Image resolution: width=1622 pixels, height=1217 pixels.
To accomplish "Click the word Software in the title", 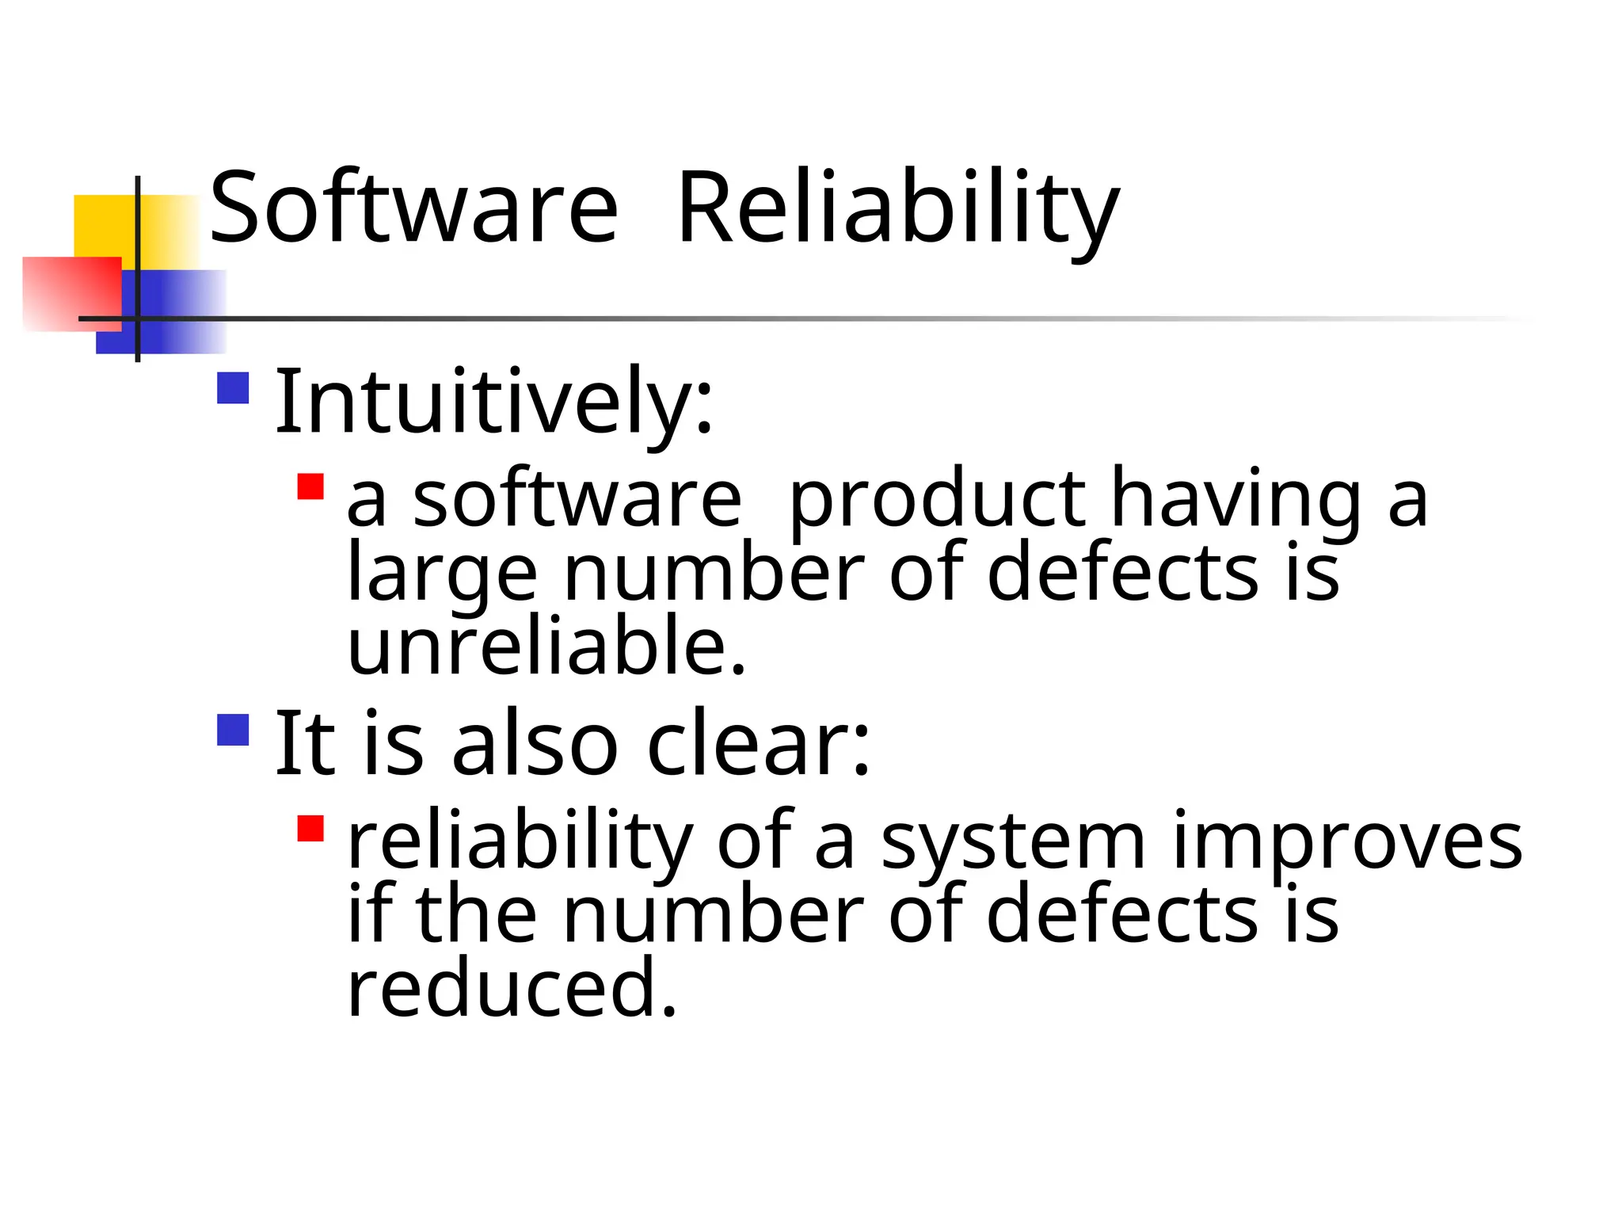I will pyautogui.click(x=413, y=209).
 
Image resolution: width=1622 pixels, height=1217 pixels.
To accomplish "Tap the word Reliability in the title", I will pyautogui.click(x=898, y=209).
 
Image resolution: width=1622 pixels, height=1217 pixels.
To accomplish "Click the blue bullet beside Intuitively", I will pyautogui.click(x=233, y=388).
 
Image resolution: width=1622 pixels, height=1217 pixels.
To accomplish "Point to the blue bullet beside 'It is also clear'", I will pyautogui.click(x=233, y=730).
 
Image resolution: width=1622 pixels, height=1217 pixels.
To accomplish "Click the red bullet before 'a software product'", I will pyautogui.click(x=310, y=486).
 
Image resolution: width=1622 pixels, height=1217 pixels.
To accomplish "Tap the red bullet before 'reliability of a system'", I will pyautogui.click(x=310, y=829).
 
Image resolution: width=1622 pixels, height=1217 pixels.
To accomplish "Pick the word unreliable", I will pyautogui.click(x=546, y=647).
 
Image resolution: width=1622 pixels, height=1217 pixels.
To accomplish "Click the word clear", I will pyautogui.click(x=758, y=743).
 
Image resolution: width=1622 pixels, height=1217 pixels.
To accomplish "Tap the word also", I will pyautogui.click(x=534, y=743).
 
